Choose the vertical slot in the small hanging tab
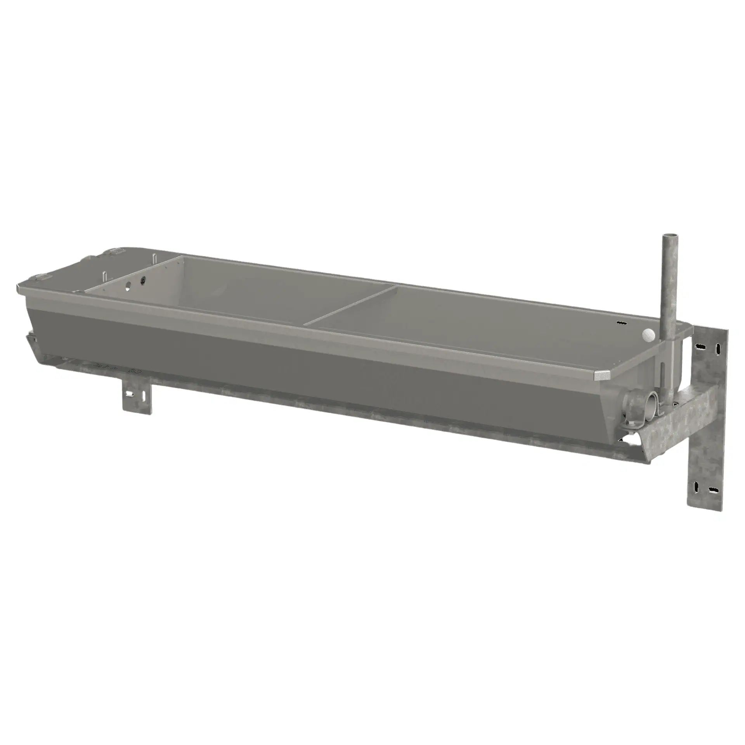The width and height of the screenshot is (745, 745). (x=144, y=395)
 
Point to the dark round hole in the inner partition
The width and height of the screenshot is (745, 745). (x=144, y=279)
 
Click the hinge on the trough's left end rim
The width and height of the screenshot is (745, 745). (x=43, y=277)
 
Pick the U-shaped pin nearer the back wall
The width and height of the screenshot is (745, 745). (x=154, y=259)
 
